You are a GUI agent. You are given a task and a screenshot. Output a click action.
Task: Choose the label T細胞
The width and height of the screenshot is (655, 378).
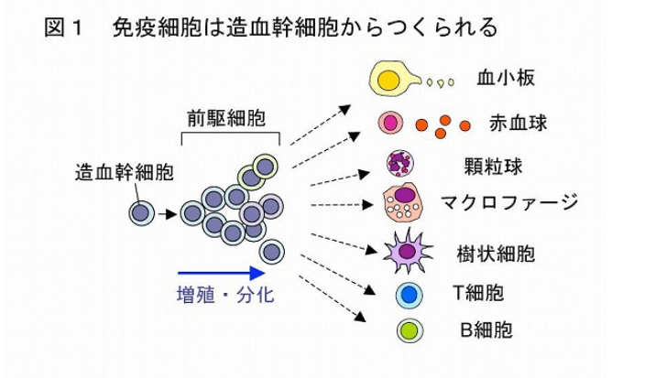pos(478,293)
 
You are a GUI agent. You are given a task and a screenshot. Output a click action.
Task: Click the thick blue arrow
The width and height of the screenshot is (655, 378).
pos(221,273)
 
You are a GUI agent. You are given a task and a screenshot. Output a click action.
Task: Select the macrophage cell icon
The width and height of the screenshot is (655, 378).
pos(403,203)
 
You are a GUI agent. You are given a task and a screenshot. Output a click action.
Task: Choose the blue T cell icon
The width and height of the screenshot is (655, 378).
pos(409,295)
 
